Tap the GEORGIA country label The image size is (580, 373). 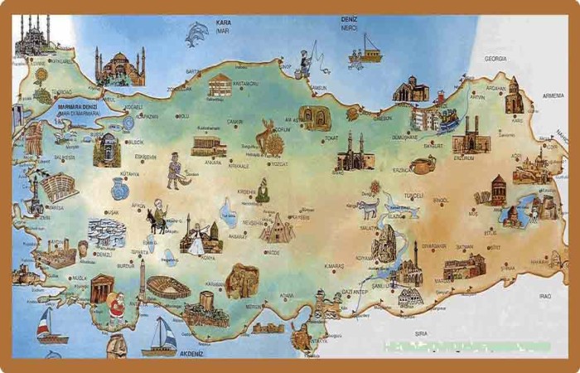coord(495,59)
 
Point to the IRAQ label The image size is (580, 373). coord(544,296)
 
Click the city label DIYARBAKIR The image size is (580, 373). coord(433,246)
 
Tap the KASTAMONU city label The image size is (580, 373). coord(246,83)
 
